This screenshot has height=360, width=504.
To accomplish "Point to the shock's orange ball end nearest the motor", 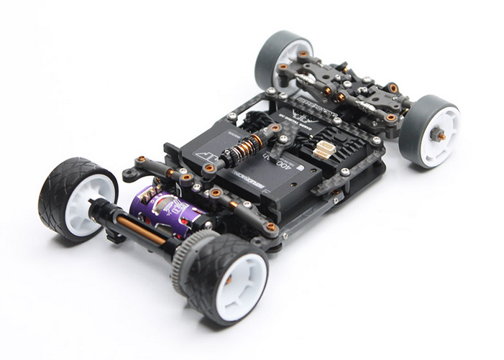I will [x=210, y=169].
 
